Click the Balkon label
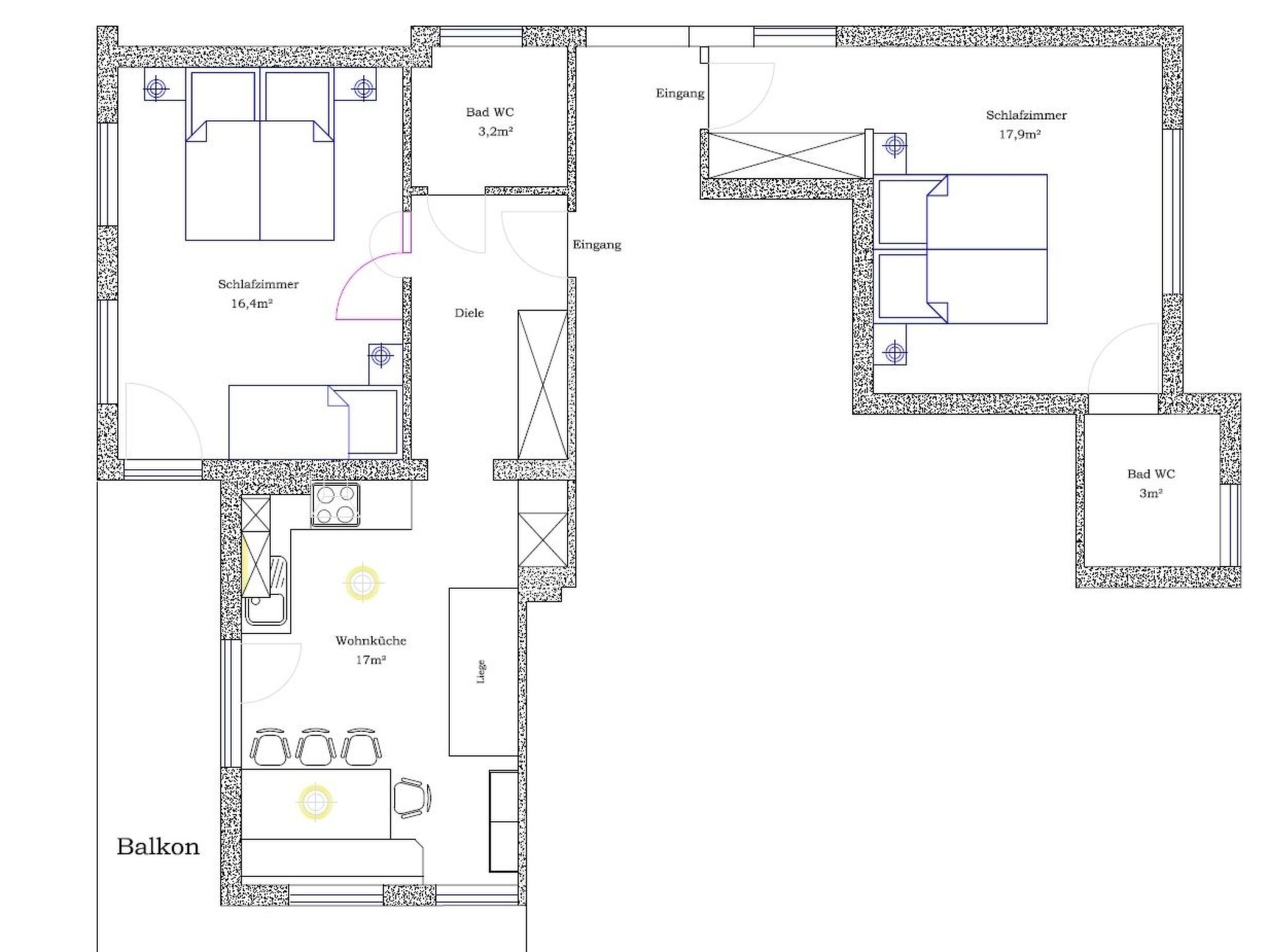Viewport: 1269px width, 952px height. [x=158, y=847]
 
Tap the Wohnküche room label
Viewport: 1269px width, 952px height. [x=371, y=641]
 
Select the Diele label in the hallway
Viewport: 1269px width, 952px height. [x=469, y=313]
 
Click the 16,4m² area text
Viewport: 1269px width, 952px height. [x=252, y=304]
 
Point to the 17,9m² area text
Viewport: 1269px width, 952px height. [x=1019, y=134]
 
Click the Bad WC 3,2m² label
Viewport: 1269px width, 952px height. [x=490, y=121]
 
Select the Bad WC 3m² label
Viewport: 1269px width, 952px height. [x=1151, y=483]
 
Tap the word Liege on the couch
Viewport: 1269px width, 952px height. [x=481, y=672]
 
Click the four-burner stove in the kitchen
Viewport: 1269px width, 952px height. [x=336, y=505]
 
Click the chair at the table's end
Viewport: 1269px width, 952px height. [x=411, y=798]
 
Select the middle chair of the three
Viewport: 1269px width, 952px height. [x=316, y=747]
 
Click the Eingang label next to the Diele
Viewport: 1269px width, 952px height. [x=597, y=245]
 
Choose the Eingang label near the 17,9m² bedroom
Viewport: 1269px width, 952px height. [x=680, y=94]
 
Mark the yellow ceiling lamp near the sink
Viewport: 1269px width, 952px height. [x=362, y=583]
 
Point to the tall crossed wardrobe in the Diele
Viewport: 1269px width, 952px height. [x=543, y=385]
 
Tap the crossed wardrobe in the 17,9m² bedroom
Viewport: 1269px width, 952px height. [x=786, y=155]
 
